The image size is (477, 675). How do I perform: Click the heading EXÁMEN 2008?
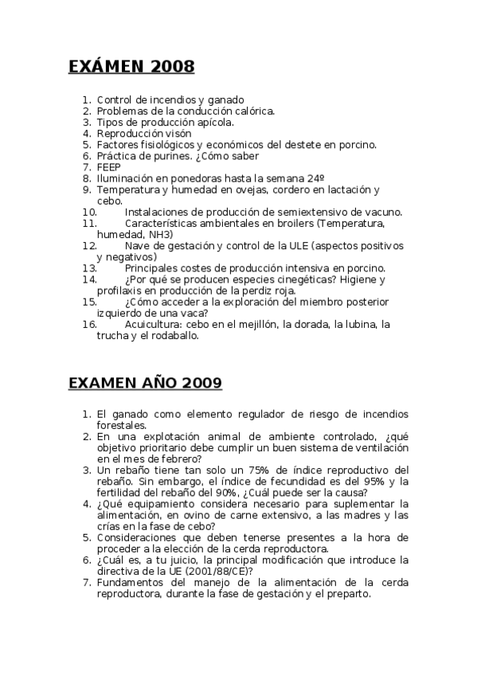[x=131, y=67]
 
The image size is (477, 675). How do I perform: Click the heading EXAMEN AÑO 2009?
[x=145, y=384]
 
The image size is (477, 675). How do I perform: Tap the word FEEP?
[x=109, y=168]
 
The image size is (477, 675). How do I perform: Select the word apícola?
[x=215, y=123]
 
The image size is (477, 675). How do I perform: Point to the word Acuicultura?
[x=154, y=324]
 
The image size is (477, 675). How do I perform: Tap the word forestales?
[x=123, y=425]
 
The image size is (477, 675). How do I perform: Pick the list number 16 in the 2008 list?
[x=89, y=324]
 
